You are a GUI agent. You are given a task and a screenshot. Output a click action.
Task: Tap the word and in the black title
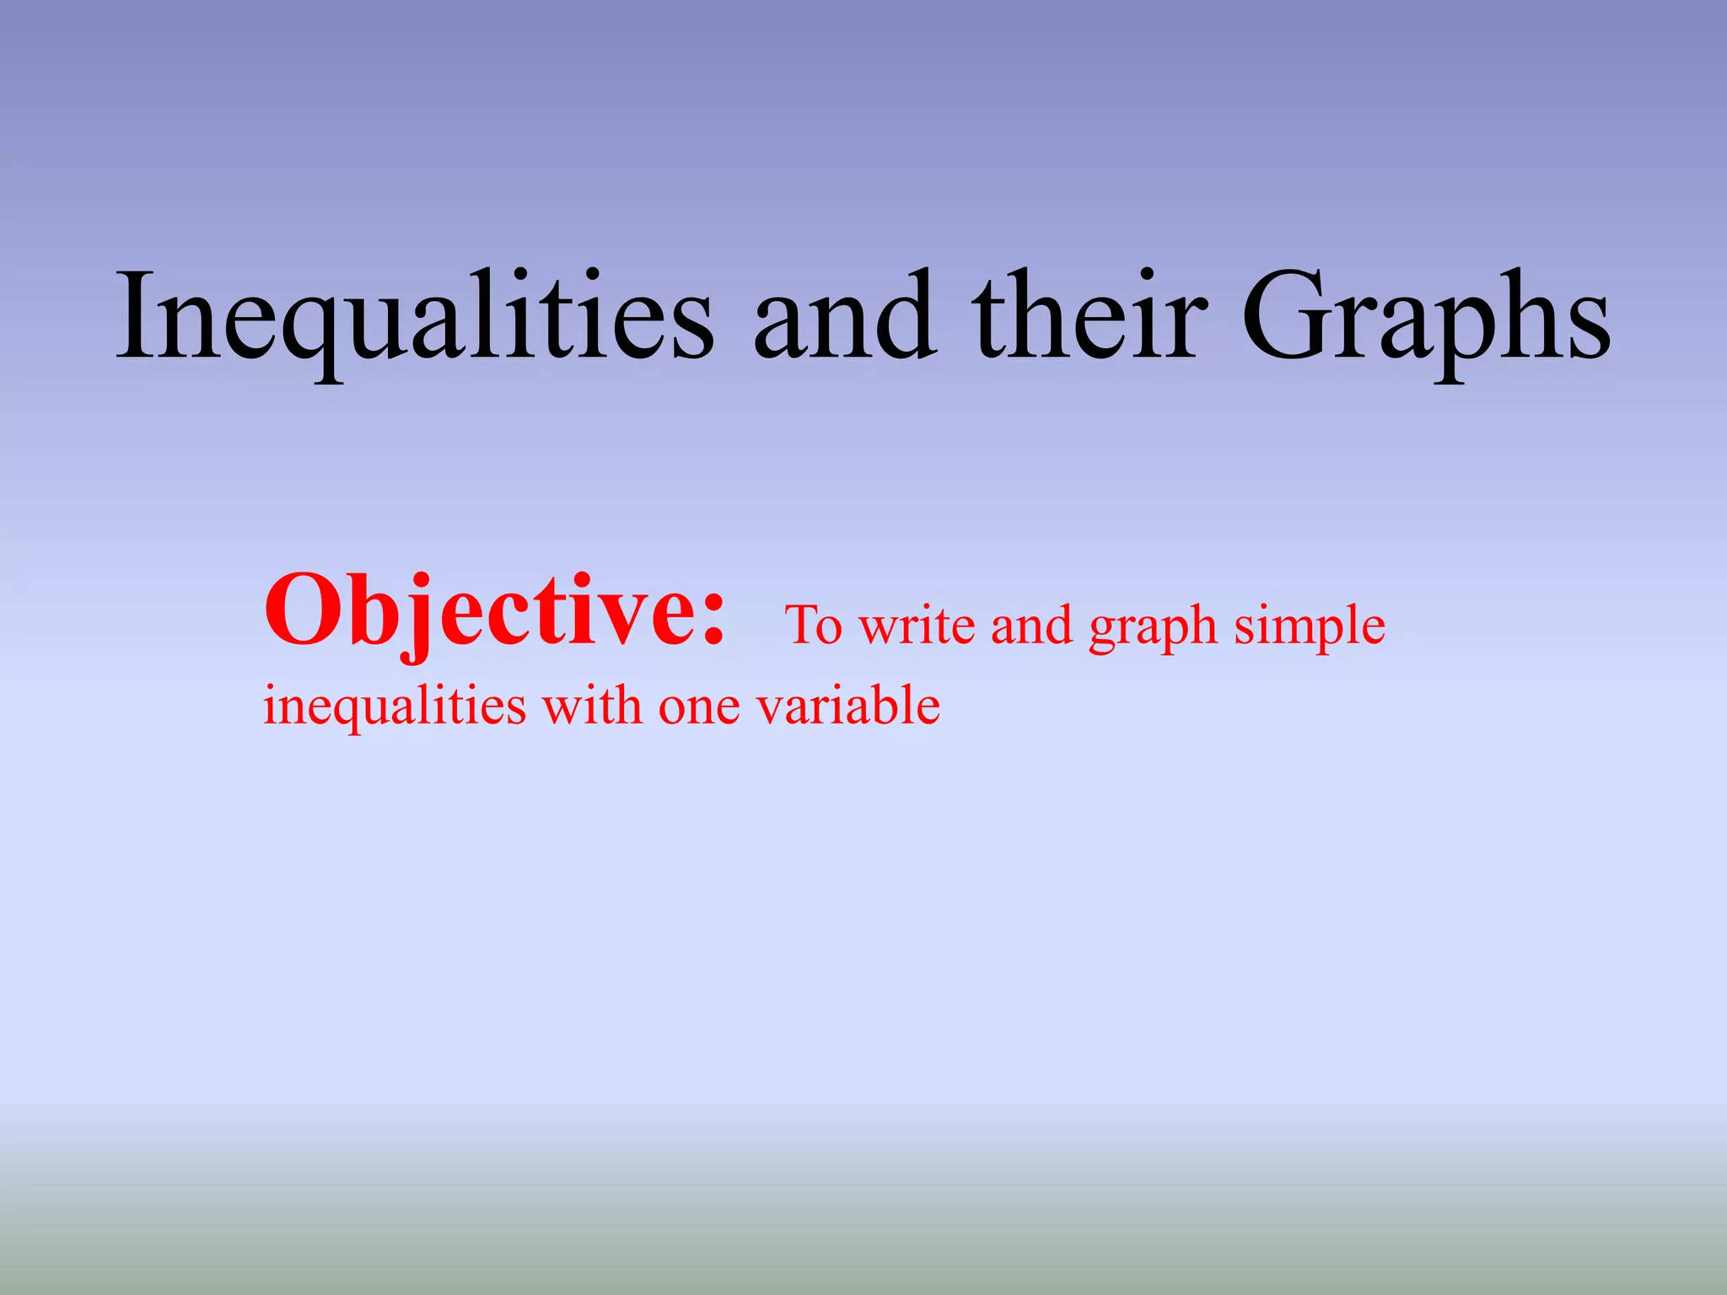point(843,316)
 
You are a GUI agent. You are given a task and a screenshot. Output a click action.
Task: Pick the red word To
point(814,626)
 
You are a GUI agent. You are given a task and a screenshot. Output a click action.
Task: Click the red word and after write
point(1031,626)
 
